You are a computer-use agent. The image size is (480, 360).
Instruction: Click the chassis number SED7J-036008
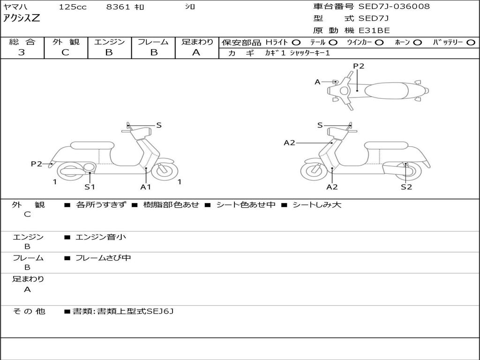coord(394,7)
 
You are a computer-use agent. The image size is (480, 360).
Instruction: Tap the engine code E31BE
coord(374,30)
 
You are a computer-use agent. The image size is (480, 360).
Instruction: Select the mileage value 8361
coord(119,7)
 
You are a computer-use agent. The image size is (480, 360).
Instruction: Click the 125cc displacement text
coord(73,7)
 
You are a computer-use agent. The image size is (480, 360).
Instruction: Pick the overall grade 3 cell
coord(22,52)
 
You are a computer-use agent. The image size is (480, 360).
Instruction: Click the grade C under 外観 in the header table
coord(66,52)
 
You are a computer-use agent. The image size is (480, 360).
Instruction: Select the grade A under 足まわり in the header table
coord(196,52)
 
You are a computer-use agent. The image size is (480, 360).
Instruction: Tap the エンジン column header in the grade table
coord(109,42)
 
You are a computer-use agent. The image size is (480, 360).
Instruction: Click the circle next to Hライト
coord(296,42)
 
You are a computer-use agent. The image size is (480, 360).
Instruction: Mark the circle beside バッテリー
coord(471,42)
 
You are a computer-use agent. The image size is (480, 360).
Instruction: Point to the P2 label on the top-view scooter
coord(359,66)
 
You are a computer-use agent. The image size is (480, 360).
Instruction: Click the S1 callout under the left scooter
coord(90,187)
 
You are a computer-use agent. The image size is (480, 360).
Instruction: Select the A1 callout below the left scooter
coord(146,187)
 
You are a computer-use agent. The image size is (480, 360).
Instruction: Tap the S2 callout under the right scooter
coord(406,187)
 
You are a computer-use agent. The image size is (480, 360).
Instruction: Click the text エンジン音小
coord(101,237)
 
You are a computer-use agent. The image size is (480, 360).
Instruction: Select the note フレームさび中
coord(103,258)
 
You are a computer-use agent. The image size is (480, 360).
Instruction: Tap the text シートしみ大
coord(317,205)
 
